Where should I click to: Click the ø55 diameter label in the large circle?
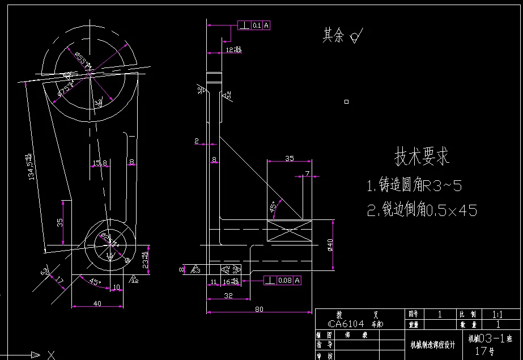(83, 60)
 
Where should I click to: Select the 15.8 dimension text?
(99, 163)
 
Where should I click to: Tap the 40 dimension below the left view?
(97, 303)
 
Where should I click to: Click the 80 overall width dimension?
(258, 310)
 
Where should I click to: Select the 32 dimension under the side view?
(228, 295)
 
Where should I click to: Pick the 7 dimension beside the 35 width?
(307, 173)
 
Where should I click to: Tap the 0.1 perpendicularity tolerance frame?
(254, 25)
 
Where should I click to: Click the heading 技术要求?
(422, 156)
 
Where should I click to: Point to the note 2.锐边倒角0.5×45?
(422, 211)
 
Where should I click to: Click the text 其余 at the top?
(333, 36)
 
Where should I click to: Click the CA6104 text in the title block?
(346, 324)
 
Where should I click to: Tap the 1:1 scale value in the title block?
(497, 314)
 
